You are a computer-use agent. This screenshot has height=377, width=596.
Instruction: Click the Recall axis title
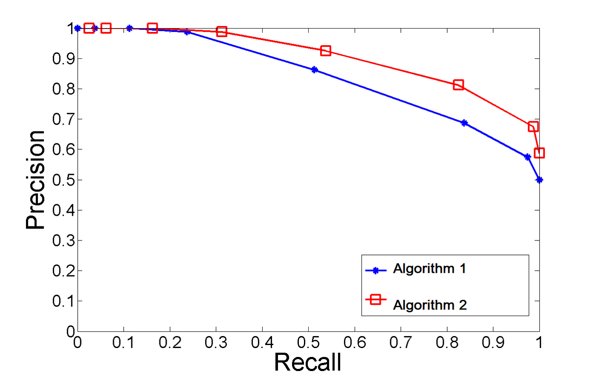coord(307,362)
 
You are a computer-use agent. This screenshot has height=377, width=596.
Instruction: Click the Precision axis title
coord(35,180)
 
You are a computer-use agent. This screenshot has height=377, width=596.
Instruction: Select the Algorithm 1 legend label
coord(429,269)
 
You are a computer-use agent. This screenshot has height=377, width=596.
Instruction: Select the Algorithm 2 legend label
coord(430,305)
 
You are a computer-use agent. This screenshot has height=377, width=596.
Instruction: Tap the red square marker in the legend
coord(376,299)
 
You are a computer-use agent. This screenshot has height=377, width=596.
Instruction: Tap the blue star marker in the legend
coord(376,270)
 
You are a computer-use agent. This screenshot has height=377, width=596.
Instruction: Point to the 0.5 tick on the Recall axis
coord(308,331)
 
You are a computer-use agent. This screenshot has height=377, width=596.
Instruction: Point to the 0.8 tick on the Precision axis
coord(78,89)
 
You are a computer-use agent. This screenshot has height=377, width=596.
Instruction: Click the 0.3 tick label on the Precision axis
coord(64,241)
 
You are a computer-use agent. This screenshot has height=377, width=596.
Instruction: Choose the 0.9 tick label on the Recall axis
coord(493,342)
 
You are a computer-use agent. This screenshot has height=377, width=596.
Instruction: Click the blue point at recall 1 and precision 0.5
coord(539,180)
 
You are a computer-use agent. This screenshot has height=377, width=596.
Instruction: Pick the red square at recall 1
coord(539,153)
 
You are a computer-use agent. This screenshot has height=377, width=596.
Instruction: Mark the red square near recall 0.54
coord(326,51)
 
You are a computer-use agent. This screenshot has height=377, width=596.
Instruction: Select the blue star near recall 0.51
coord(314,70)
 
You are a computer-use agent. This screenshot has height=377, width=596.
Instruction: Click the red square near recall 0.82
coord(458,84)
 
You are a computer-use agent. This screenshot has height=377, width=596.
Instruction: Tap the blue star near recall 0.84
coord(464,123)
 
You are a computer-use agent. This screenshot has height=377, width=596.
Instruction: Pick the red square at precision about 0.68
coord(533,126)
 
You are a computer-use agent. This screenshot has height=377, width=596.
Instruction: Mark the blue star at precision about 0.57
coord(528,157)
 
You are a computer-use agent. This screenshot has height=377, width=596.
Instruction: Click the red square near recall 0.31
coord(221,31)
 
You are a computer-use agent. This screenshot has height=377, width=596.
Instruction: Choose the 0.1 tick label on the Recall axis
coord(123,342)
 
